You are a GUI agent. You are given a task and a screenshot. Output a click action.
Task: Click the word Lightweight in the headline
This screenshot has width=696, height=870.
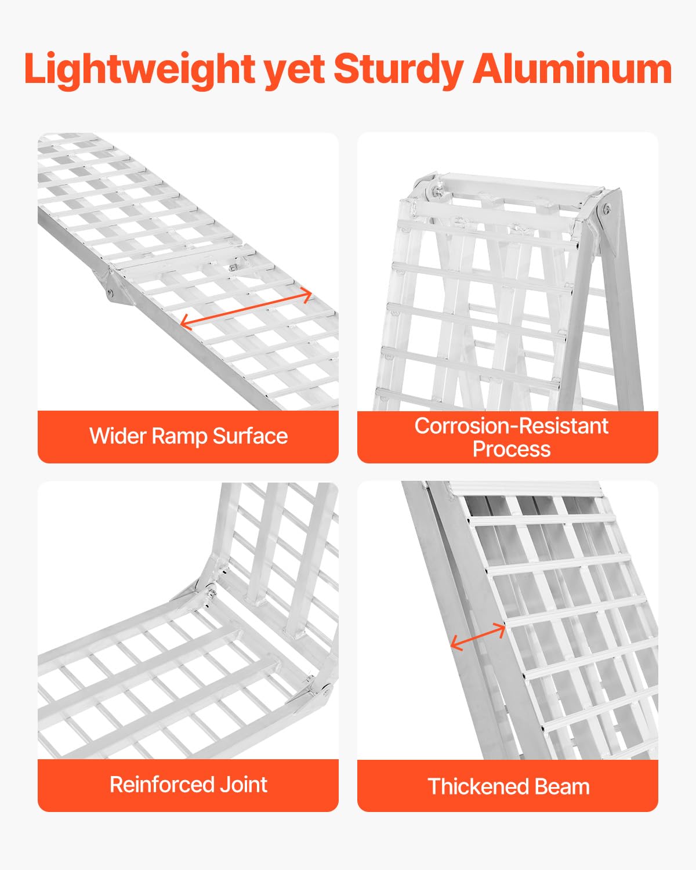coord(139,70)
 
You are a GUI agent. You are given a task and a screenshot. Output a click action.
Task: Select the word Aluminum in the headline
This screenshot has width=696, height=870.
coord(572,70)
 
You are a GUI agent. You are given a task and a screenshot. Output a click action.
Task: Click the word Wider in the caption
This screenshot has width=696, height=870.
coord(118,436)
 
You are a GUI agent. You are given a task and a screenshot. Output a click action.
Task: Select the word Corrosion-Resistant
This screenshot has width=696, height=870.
coord(511,426)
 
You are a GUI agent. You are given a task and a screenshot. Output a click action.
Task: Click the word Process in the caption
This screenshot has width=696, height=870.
coord(511,449)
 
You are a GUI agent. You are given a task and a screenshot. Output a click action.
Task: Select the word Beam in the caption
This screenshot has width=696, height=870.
coord(562,787)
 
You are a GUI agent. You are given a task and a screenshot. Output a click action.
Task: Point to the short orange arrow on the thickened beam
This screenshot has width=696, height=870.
coord(478,636)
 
